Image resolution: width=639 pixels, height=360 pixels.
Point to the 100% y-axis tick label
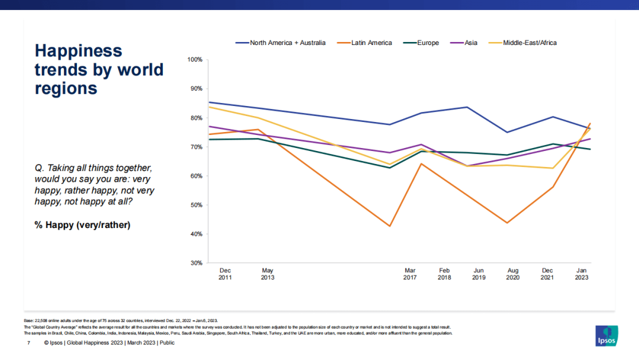click(x=195, y=60)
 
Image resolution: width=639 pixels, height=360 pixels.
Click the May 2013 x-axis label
click(x=267, y=274)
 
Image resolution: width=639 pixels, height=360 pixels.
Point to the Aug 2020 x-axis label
click(x=512, y=274)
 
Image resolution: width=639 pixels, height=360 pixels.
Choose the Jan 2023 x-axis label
click(x=582, y=274)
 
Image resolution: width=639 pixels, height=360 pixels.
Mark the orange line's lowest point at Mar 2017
click(x=390, y=226)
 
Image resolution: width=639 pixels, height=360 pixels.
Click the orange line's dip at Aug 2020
click(x=508, y=223)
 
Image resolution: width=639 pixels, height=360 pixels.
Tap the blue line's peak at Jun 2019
click(x=467, y=107)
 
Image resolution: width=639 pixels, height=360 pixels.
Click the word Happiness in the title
click(x=78, y=51)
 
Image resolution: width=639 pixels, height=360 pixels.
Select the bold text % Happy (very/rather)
click(x=82, y=225)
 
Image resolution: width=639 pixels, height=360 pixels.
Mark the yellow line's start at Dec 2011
click(x=210, y=107)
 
